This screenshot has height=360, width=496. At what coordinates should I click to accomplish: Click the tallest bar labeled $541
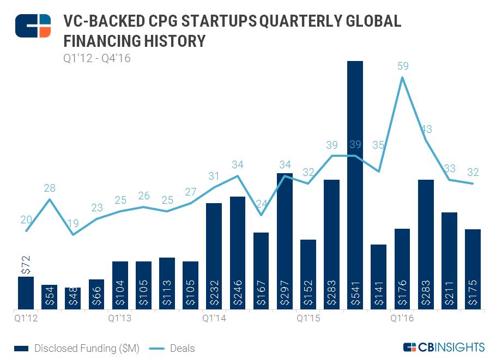[x=355, y=185]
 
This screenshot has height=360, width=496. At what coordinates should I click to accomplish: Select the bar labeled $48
[x=72, y=299]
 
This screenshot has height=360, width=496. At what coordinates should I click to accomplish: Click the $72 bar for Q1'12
[x=26, y=293]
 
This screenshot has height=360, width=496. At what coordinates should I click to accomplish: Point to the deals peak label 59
[x=403, y=66]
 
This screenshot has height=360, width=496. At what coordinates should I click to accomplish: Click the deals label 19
[x=73, y=223]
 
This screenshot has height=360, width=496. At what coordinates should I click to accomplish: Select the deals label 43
[x=426, y=129]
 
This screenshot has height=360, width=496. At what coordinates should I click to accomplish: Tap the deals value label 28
[x=50, y=188]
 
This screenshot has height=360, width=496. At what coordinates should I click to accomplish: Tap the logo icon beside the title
[x=33, y=26]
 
